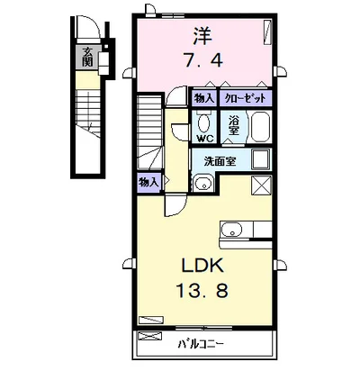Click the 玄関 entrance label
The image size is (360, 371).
pyautogui.click(x=87, y=57)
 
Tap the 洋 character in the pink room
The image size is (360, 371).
pyautogui.click(x=202, y=35)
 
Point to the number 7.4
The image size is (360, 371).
pyautogui.click(x=203, y=61)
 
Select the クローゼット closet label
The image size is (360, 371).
pyautogui.click(x=246, y=98)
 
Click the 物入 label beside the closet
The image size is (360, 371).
pyautogui.click(x=205, y=98)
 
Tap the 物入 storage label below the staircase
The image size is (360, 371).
pyautogui.click(x=148, y=182)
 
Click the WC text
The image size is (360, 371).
pyautogui.click(x=205, y=139)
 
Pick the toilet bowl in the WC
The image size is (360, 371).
pyautogui.click(x=204, y=122)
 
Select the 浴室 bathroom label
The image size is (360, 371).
pyautogui.click(x=233, y=126)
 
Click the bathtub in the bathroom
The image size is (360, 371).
pyautogui.click(x=260, y=127)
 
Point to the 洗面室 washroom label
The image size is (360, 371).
pyautogui.click(x=220, y=161)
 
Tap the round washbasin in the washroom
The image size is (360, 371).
pyautogui.click(x=202, y=183)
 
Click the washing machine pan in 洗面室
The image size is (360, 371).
pyautogui.click(x=262, y=159)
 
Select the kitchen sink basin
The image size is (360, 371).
pyautogui.click(x=231, y=230)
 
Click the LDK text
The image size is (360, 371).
pyautogui.click(x=202, y=266)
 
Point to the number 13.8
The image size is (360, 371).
pyautogui.click(x=202, y=290)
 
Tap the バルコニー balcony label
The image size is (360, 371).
pyautogui.click(x=201, y=344)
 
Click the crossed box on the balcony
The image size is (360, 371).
pyautogui.click(x=149, y=336)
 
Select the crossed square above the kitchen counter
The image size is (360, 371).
pyautogui.click(x=261, y=185)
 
